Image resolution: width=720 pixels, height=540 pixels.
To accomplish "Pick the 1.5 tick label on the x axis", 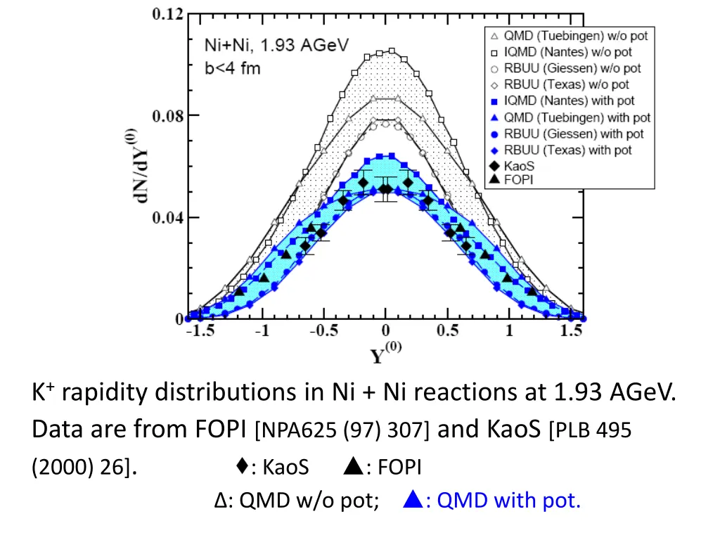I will [571, 333].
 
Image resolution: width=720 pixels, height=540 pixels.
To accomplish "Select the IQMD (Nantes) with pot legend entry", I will [567, 101].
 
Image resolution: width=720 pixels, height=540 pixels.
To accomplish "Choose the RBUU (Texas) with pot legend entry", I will [567, 150].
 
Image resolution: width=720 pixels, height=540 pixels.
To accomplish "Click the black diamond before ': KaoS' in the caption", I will [242, 465].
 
